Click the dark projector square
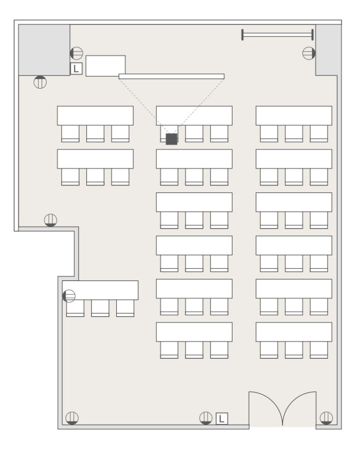coord(172,139)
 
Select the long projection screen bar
coord(172,76)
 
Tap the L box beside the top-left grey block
coord(76,68)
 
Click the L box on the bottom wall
coord(222,419)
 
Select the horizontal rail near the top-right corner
coord(277,35)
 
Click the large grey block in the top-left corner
coord(44,50)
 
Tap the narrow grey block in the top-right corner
coord(328,50)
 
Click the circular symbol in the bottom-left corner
coord(72,418)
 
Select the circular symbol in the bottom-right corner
coord(326,418)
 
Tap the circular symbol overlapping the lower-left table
coord(69,296)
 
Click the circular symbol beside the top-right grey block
coord(309,53)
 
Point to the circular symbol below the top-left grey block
coord(40,82)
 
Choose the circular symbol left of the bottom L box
coord(206,418)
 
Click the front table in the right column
coord(294,116)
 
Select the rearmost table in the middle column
coord(194,332)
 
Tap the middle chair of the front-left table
coord(95,134)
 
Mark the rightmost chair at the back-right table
coord(319,350)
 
